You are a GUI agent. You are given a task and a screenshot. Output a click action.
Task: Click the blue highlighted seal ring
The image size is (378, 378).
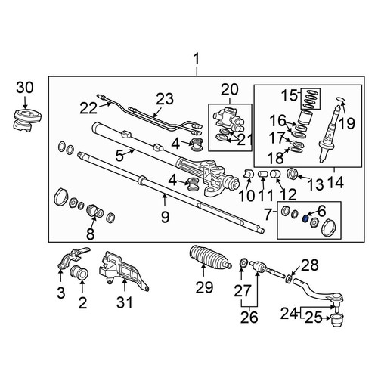[x=305, y=219]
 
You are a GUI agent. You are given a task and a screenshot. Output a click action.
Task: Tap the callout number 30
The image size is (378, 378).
[x=25, y=88]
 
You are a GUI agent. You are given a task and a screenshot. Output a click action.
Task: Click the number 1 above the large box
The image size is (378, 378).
[x=196, y=60]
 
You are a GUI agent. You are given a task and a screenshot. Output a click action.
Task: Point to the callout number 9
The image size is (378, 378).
[x=165, y=217]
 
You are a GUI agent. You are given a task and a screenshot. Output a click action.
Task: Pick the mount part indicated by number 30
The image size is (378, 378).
[x=26, y=119]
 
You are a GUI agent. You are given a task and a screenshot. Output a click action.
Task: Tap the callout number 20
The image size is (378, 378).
[x=229, y=90]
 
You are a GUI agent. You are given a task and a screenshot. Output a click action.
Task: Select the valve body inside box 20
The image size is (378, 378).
[x=228, y=119]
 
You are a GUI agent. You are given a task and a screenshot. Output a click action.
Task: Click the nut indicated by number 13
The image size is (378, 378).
[x=293, y=174]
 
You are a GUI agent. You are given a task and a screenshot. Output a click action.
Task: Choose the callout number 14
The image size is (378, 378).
[x=336, y=183]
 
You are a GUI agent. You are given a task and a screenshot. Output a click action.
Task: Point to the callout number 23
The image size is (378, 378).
[x=165, y=99]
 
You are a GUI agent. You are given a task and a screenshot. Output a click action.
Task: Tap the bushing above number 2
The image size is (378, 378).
[x=79, y=273]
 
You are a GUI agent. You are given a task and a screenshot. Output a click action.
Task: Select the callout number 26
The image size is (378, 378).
[x=249, y=317]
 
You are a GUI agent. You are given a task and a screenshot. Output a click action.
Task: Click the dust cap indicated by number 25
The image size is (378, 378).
[x=337, y=320]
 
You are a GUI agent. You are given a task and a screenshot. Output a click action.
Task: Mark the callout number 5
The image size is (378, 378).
[x=119, y=156]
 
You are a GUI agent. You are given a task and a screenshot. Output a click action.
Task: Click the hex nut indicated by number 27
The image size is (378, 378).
[x=243, y=263]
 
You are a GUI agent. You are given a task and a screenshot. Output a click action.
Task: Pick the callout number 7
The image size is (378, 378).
[x=268, y=214]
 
